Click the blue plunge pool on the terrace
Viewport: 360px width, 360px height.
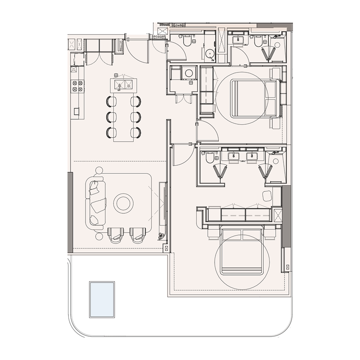[102, 299]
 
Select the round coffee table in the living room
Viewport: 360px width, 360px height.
[123, 203]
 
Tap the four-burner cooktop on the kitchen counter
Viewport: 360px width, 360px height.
[77, 86]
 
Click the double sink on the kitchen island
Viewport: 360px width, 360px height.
[123, 84]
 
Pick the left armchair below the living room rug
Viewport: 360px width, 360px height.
[116, 234]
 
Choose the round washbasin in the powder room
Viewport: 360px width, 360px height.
[210, 55]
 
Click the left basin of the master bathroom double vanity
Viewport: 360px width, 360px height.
[234, 157]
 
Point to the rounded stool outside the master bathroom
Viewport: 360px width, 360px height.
[267, 196]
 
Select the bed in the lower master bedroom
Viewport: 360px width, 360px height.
[242, 252]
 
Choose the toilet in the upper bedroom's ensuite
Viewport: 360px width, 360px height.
[258, 42]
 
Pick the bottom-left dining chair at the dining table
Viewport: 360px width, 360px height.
[110, 132]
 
